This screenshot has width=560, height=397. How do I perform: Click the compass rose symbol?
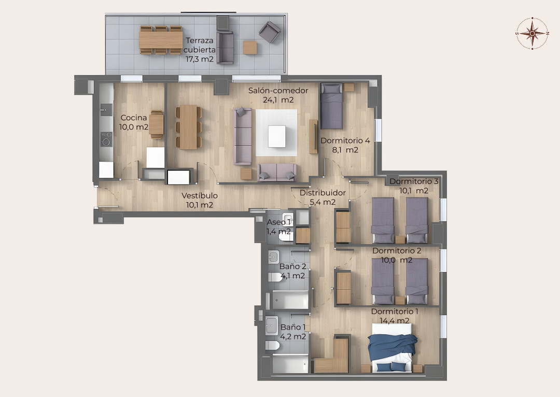click(532, 33)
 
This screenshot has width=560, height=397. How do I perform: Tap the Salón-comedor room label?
click(278, 91)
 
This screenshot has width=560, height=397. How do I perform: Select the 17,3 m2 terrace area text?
click(199, 59)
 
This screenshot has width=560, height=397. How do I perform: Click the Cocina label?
click(134, 118)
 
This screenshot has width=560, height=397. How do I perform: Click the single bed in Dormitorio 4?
click(332, 106)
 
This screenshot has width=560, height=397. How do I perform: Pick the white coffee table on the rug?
click(277, 136)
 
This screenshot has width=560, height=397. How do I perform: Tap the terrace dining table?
click(161, 40)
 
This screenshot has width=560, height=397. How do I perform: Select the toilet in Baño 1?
click(272, 346)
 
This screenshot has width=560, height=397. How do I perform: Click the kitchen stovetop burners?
click(106, 139)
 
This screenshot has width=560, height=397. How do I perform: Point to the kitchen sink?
click(106, 109)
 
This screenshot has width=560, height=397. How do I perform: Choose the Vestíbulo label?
click(200, 195)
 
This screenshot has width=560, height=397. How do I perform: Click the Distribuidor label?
click(323, 193)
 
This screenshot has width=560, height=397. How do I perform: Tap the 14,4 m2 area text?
click(395, 321)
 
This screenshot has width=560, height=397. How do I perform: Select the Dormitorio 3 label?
click(414, 181)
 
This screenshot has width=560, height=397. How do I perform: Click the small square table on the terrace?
click(250, 48)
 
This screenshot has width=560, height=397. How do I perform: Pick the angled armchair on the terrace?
click(270, 32)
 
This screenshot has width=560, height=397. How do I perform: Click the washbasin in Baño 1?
click(272, 325)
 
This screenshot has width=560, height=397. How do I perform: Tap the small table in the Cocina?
click(157, 124)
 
